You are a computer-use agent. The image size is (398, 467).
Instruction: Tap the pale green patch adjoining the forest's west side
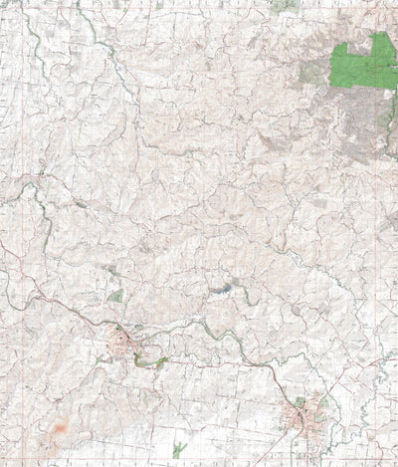314,73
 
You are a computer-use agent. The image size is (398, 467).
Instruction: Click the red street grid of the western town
126,347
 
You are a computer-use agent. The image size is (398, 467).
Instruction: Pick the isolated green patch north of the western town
115,296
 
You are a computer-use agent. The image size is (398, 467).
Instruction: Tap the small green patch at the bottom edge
178,450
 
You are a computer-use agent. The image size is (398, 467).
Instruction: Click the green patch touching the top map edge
285,5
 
